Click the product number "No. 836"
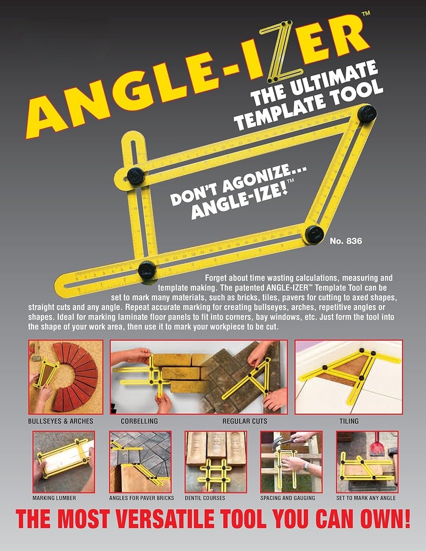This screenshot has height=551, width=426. point(346,241)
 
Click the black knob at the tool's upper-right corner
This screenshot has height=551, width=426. point(366,114)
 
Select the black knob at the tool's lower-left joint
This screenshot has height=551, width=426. point(147,269)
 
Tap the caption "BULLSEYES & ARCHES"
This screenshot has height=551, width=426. point(61,421)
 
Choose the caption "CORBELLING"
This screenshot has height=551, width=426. point(139,421)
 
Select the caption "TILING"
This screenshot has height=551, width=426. point(349,421)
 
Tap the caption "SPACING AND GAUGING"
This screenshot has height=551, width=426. point(288,498)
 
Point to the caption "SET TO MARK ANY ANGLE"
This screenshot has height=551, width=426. point(366,498)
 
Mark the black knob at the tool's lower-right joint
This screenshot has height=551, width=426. point(314,233)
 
